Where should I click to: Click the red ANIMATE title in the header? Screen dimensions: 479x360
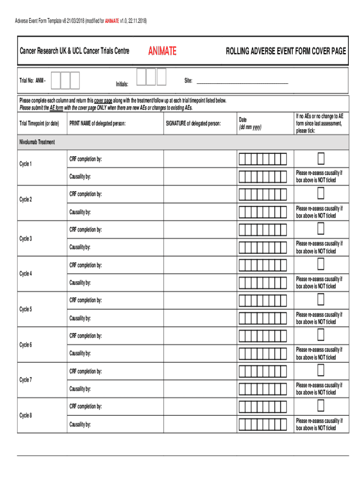click(162, 51)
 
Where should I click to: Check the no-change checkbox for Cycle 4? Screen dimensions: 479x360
click(321, 265)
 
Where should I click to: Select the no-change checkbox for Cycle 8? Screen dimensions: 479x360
click(321, 406)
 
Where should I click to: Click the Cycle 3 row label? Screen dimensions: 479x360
click(26, 239)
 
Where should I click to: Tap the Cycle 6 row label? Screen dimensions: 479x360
click(26, 345)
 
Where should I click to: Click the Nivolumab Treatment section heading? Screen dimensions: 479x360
click(37, 142)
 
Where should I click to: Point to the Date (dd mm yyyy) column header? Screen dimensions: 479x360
click(250, 123)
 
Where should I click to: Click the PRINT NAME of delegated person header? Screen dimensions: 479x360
click(97, 123)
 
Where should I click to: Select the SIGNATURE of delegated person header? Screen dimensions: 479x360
click(193, 123)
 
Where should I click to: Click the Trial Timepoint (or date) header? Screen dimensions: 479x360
click(39, 123)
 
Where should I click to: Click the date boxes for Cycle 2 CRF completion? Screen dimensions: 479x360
click(262, 194)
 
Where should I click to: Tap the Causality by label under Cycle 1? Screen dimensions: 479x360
click(80, 177)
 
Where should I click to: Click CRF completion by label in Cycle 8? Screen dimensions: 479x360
click(86, 406)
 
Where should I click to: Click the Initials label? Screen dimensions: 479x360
click(122, 84)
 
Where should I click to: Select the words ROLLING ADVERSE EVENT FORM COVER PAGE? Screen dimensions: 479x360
click(286, 51)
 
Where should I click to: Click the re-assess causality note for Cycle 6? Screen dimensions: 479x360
click(319, 354)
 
